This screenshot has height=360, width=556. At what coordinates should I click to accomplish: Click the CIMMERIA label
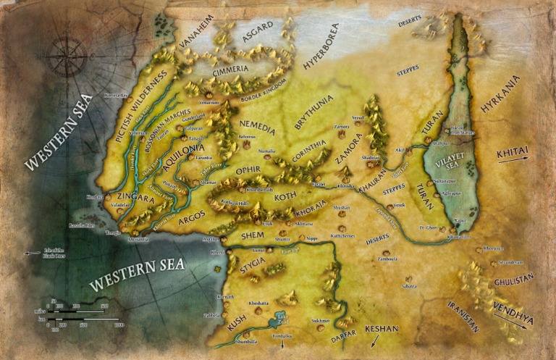point(230,70)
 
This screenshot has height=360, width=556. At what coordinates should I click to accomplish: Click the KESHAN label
point(382,329)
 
